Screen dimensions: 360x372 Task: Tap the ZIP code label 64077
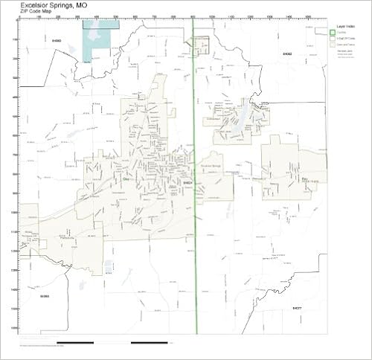296,307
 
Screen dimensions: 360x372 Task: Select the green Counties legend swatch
333,33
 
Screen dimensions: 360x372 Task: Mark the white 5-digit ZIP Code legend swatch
333,38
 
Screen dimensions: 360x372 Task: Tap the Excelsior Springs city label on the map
212,166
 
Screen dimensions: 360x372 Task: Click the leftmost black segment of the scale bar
75,343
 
